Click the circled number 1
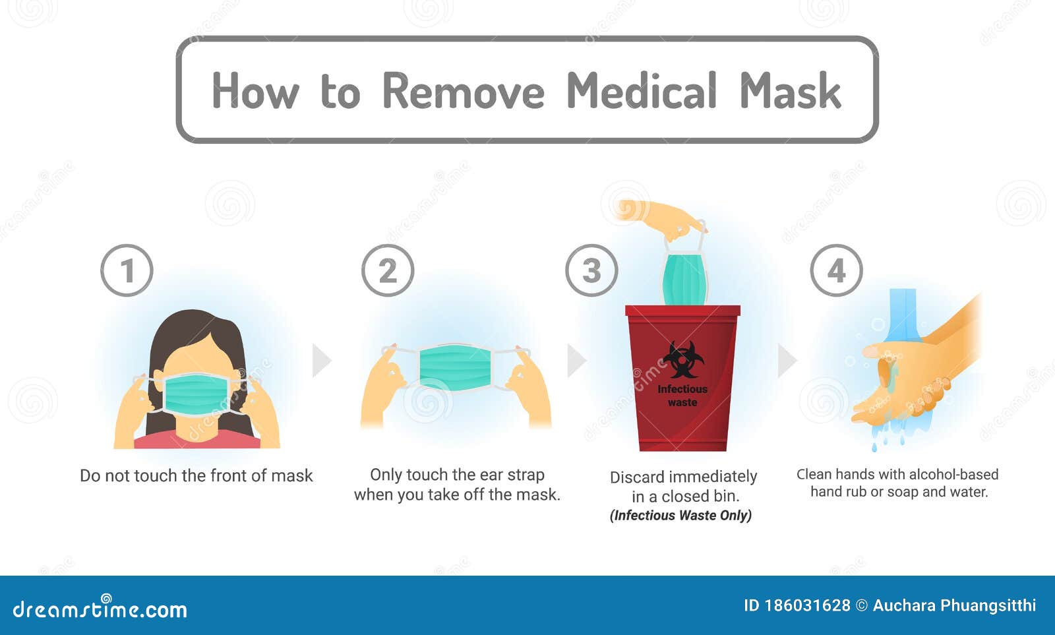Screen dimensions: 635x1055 [x=127, y=270]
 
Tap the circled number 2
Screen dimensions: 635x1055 [x=388, y=270]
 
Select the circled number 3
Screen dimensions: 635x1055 [x=591, y=270]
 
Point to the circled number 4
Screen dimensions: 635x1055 [x=836, y=270]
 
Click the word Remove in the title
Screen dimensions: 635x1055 [x=463, y=91]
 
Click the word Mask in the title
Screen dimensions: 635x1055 [x=790, y=91]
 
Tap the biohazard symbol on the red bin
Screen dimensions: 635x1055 [x=683, y=360]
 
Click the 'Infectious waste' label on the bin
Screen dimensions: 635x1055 [x=682, y=396]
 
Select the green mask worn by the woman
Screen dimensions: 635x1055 [x=196, y=394]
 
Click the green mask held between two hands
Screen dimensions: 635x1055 [x=455, y=367]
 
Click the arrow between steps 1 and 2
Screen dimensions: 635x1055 [x=320, y=360]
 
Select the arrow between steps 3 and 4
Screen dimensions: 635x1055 [x=786, y=360]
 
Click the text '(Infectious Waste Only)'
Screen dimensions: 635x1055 [x=680, y=515]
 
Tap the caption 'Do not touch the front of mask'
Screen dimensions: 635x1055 [x=196, y=475]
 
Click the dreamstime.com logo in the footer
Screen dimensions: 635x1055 [x=100, y=609]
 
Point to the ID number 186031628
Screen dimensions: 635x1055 [x=807, y=605]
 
